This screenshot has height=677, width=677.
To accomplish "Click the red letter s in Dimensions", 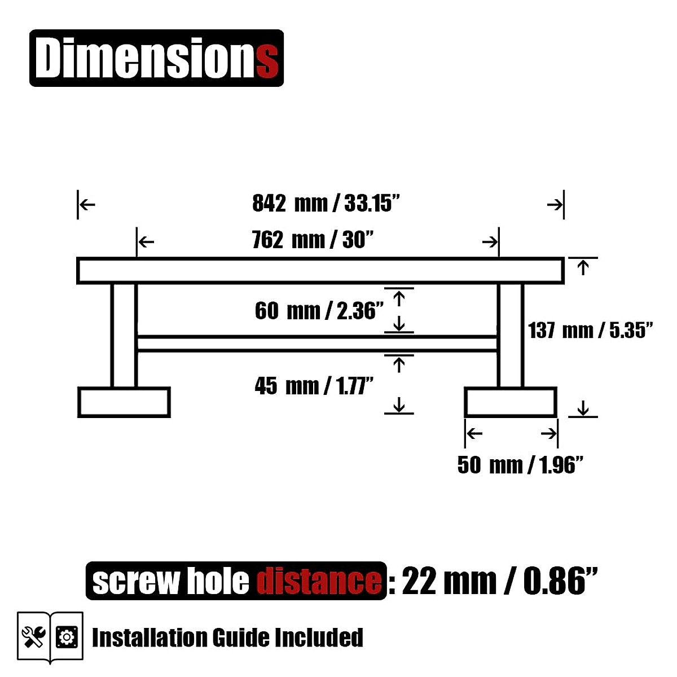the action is [268, 63].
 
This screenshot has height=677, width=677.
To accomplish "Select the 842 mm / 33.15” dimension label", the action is [326, 203].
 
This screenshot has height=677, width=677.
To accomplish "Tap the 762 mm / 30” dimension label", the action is [313, 240].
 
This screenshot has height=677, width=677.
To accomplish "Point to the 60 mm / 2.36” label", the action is [319, 311].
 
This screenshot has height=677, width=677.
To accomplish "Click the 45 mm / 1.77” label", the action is [314, 386].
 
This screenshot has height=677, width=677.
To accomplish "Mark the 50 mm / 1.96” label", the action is [520, 465].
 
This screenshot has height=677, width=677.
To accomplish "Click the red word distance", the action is [319, 582].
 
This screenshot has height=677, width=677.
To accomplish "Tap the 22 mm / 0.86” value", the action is [499, 581].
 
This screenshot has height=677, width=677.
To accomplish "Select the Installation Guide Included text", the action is [227, 638].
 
